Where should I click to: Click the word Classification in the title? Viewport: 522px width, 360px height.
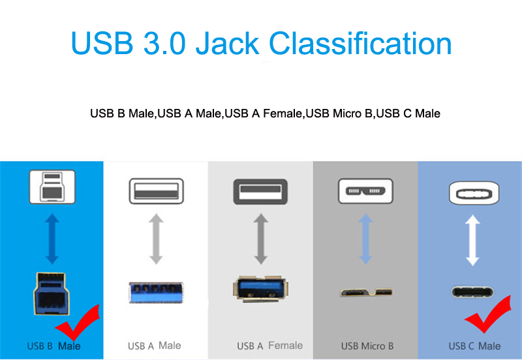coord(360,43)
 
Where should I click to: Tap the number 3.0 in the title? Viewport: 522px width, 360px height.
coord(164,43)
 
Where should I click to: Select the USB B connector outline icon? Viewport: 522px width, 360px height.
coord(52,187)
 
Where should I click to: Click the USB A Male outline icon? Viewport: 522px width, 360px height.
coord(156,191)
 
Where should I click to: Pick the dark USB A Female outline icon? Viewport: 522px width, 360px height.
coord(260,192)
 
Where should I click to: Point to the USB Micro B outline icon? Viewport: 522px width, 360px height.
coord(365,191)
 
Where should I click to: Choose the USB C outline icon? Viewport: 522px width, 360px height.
coord(474,193)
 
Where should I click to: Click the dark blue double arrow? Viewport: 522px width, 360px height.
coord(52,239)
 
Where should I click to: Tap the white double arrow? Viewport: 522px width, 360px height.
coord(472,240)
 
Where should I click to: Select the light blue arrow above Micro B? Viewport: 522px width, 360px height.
coord(365,239)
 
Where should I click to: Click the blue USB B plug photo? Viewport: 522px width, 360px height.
coord(52,293)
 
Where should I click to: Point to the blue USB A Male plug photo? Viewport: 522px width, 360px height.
coord(156,292)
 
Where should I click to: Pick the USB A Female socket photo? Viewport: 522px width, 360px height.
coord(260,289)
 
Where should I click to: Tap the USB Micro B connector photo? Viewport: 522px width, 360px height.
coord(366,292)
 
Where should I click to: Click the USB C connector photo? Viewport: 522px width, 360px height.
coord(472,292)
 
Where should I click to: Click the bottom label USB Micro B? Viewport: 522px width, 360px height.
coord(367,346)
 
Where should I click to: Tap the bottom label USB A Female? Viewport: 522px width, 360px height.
coord(269,346)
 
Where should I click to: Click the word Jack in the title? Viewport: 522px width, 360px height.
coord(227,43)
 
